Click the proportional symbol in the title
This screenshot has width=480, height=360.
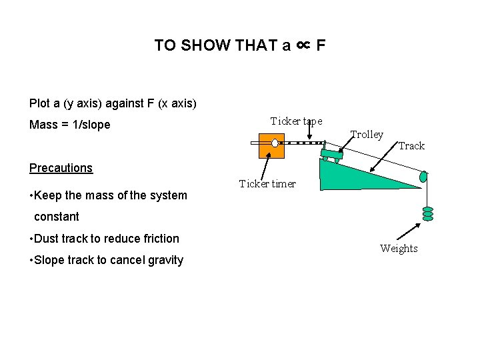click(303, 45)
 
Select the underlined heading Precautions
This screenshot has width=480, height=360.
click(61, 168)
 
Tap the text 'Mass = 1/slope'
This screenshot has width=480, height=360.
click(69, 125)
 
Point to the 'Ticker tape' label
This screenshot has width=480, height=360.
click(296, 121)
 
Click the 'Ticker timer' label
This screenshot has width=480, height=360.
click(267, 183)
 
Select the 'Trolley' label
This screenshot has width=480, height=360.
click(367, 134)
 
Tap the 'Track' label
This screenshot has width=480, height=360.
click(411, 145)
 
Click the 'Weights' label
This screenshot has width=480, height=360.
click(399, 248)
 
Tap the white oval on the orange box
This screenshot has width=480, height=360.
click(275, 143)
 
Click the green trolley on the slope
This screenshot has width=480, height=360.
click(331, 156)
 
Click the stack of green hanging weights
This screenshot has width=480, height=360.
click(427, 213)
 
